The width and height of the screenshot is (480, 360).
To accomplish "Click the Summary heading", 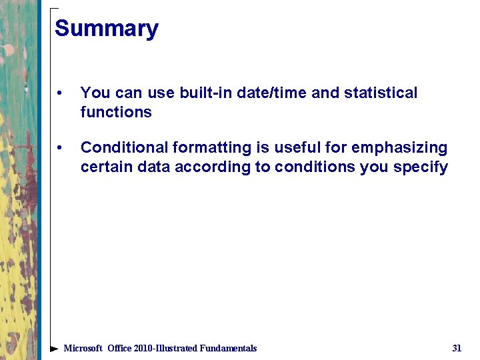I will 107,29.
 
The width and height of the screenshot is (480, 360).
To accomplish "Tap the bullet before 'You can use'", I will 60,93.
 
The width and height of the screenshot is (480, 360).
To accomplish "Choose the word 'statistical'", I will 381,93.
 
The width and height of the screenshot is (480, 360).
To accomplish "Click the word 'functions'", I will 116,112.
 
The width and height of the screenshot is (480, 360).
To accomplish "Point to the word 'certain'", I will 107,167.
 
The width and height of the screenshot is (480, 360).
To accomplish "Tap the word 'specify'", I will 420,167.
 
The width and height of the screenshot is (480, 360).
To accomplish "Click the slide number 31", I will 457,348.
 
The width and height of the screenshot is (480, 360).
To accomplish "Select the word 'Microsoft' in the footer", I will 83,348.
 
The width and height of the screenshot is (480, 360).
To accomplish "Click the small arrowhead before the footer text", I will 54,349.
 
